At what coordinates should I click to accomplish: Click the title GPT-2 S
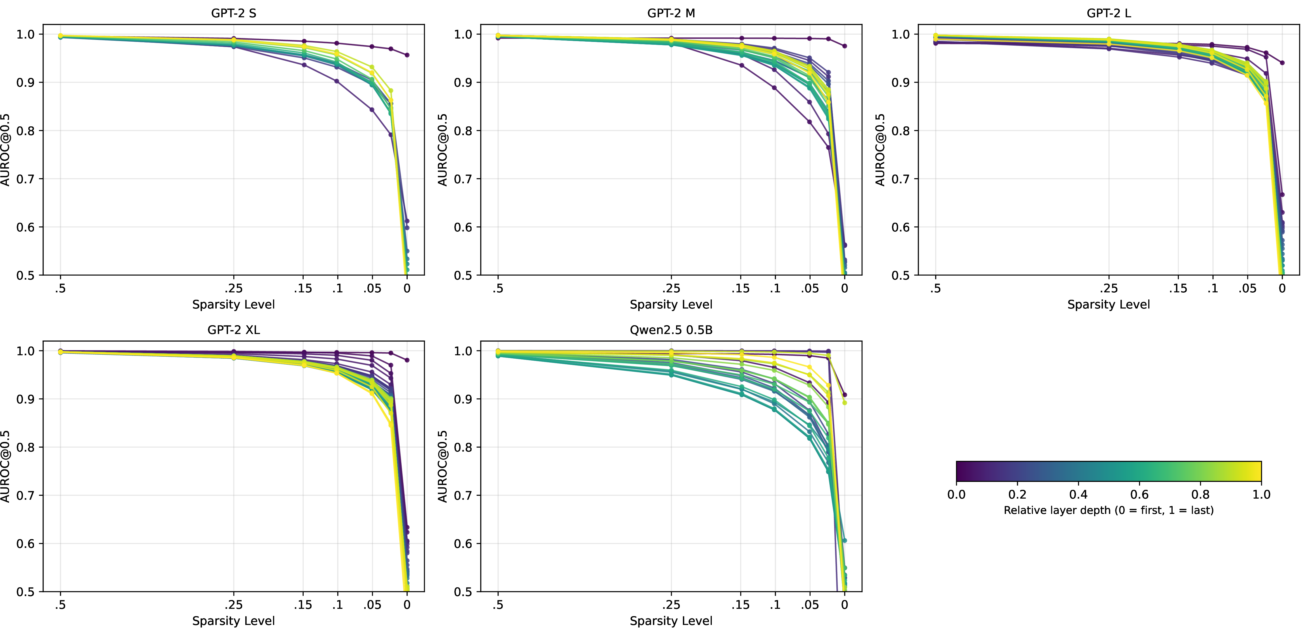(x=234, y=13)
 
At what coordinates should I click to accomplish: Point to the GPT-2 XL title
(x=234, y=330)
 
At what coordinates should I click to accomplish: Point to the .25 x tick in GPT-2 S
(x=234, y=288)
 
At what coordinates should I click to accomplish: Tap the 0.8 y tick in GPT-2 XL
(x=25, y=447)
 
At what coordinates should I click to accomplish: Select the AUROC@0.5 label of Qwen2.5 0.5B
(x=443, y=466)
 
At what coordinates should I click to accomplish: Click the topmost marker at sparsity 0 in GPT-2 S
(x=407, y=55)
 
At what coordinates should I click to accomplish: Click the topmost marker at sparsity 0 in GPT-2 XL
(x=407, y=360)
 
